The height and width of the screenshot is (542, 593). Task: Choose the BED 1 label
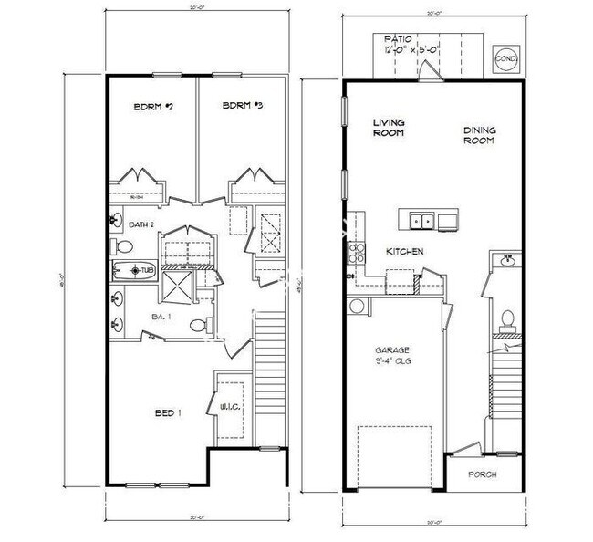click(x=168, y=413)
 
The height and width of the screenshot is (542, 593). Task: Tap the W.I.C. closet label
click(x=229, y=407)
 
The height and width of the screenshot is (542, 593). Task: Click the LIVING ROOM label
click(x=390, y=127)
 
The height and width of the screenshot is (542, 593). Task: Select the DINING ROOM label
click(x=478, y=135)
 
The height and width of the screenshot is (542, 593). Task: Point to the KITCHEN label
click(x=405, y=251)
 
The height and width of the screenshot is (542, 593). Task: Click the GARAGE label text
click(x=393, y=350)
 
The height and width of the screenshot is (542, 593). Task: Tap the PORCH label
click(x=482, y=474)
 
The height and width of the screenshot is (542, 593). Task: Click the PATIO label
click(x=398, y=39)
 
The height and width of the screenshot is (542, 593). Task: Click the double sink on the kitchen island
click(x=421, y=220)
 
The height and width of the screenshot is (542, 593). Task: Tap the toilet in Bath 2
click(x=124, y=246)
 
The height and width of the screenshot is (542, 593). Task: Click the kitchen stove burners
click(x=355, y=253)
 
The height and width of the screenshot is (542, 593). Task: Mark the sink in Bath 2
click(x=118, y=219)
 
